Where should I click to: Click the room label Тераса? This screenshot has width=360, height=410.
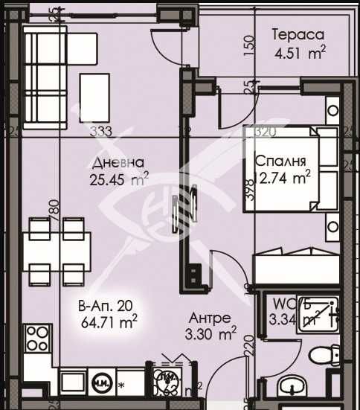(298, 35)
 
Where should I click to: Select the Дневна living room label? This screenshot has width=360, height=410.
(114, 162)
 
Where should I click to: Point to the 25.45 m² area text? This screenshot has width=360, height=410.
(117, 179)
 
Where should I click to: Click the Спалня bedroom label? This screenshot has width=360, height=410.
(277, 161)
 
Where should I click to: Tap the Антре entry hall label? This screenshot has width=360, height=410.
(210, 317)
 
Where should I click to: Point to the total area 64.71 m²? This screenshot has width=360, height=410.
(109, 322)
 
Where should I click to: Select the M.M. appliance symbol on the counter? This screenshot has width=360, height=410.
(100, 384)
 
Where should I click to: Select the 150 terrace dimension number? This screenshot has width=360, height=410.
(249, 46)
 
